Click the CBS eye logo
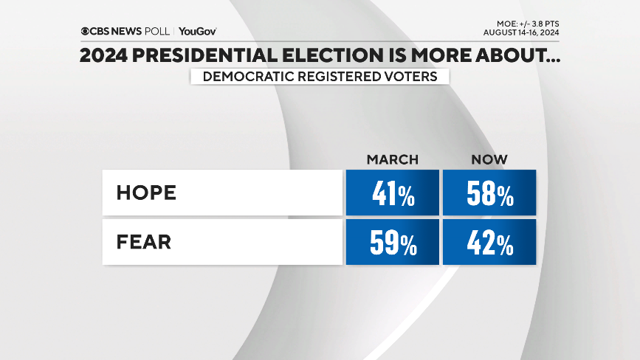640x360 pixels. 86,32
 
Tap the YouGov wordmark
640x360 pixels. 198,32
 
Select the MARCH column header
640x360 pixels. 392,160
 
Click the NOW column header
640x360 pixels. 489,160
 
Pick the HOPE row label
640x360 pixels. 146,193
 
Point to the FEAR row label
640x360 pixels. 143,242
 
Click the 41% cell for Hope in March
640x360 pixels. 392,194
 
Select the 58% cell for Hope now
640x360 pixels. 489,194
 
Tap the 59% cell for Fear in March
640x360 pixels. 392,243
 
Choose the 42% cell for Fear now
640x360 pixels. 489,243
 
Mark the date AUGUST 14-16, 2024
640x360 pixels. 521,33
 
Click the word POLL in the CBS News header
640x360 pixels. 159,32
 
